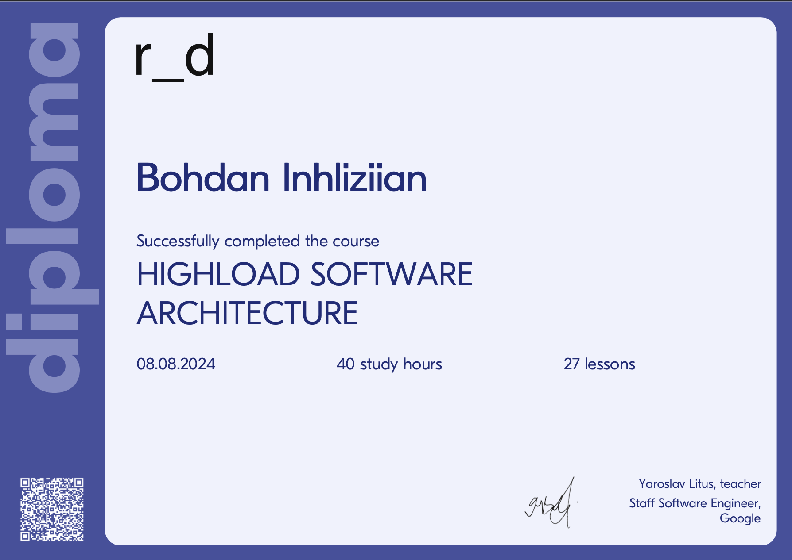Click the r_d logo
tap(175, 57)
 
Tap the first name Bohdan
tap(203, 178)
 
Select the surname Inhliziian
tap(354, 178)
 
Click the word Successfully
tap(178, 242)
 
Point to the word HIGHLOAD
tap(218, 274)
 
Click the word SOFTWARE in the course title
tap(391, 274)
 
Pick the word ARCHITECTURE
tap(247, 313)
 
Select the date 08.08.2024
tap(176, 364)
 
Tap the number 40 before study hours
tap(346, 364)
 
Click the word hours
tap(423, 364)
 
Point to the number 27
tap(571, 364)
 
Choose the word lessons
tap(610, 364)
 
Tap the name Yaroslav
tap(662, 484)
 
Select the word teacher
tap(741, 484)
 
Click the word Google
tap(740, 518)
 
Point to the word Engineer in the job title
tap(735, 503)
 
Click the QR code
tap(52, 509)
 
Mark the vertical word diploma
tap(52, 208)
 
